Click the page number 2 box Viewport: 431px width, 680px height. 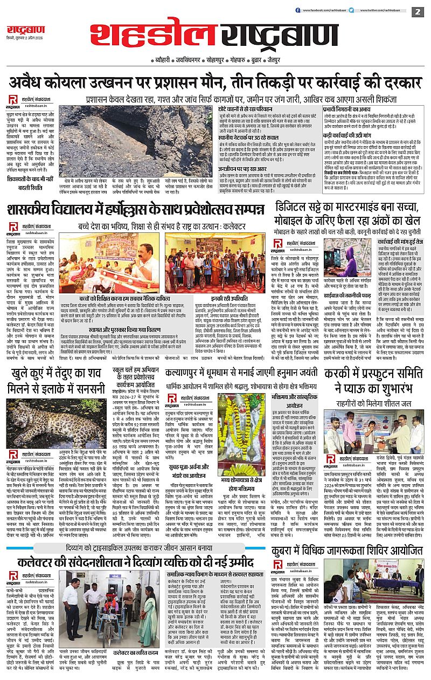click(417, 11)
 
